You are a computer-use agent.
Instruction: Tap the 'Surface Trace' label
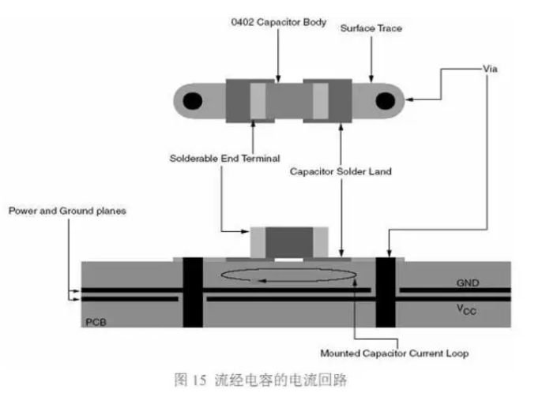(x=371, y=28)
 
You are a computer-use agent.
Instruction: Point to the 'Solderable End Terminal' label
(x=224, y=158)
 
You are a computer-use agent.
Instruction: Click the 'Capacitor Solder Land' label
(x=341, y=170)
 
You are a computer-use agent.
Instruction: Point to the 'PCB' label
(x=96, y=323)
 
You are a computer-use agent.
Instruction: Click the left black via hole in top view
(x=191, y=100)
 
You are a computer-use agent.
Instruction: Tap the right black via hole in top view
(x=385, y=100)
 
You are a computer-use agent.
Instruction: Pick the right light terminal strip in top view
(x=320, y=100)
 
